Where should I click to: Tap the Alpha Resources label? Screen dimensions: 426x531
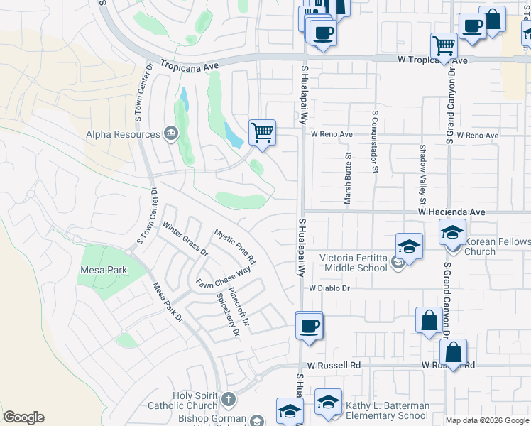coord(122,134)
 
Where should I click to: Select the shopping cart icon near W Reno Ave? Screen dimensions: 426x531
coord(262,132)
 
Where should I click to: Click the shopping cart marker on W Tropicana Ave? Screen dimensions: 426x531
coord(444,46)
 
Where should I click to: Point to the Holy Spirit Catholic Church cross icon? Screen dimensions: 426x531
coord(228,399)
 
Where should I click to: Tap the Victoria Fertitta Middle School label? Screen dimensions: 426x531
coord(354,262)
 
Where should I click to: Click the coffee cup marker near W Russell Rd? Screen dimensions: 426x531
coord(309,327)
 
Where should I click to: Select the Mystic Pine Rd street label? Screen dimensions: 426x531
coord(235,246)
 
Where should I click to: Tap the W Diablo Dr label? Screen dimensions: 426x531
coord(329,288)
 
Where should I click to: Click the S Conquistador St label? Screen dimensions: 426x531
coord(374,141)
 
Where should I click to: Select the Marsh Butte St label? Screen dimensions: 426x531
coord(348,179)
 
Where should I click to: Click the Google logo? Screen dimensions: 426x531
coord(23,417)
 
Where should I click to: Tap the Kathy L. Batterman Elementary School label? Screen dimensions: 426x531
coord(387,410)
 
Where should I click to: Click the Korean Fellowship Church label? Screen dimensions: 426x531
coord(497,246)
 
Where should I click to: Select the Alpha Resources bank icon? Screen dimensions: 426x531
coord(170,133)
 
